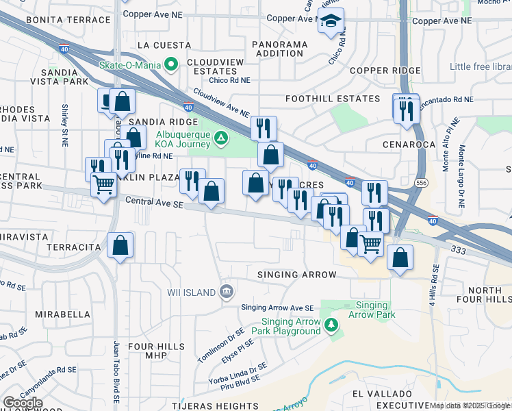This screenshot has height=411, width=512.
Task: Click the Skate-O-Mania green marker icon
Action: [x=172, y=65]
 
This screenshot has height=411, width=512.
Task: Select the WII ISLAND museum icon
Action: [x=227, y=292]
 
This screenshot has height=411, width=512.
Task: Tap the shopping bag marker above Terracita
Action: [x=120, y=245]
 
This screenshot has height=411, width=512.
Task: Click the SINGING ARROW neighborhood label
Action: [x=296, y=275]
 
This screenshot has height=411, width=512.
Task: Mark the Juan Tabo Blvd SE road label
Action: [x=117, y=371]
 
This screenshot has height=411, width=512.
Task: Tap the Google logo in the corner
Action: [x=23, y=403]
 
